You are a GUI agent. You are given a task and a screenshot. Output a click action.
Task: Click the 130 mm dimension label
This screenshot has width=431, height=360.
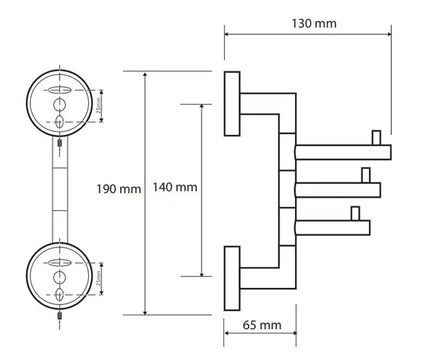(x=314, y=24)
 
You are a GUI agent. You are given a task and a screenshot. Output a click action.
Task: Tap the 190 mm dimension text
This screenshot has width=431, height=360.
(x=119, y=189)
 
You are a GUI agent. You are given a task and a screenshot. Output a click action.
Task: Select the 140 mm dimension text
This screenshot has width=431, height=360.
(x=175, y=187)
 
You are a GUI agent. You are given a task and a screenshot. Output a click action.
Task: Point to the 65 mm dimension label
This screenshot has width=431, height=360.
(x=262, y=325)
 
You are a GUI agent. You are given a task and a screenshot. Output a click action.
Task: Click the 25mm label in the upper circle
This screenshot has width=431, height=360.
(x=98, y=105)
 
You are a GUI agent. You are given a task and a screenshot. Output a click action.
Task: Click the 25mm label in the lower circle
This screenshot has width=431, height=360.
(x=98, y=278)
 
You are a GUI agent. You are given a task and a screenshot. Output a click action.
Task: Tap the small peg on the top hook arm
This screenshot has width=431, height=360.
(x=376, y=137)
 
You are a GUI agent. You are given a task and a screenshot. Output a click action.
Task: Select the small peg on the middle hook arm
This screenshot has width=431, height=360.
(x=366, y=175)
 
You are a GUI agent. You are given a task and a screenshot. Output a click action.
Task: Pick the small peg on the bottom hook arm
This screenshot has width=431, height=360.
(x=355, y=213)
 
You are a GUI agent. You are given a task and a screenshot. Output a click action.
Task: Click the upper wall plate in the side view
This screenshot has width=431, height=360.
(x=232, y=103)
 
